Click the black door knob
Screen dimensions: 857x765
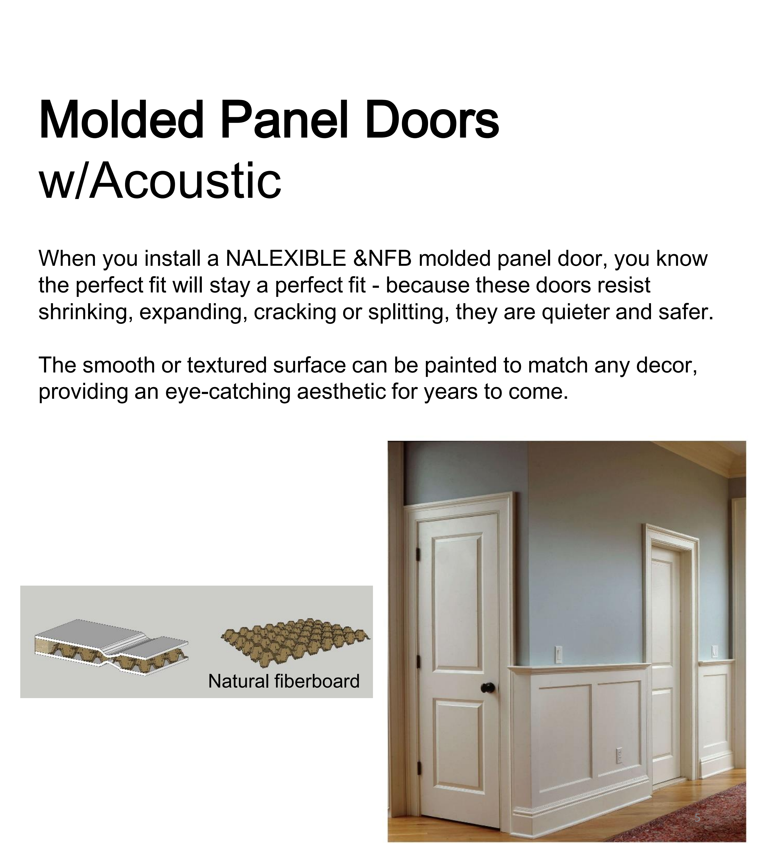tap(488, 688)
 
